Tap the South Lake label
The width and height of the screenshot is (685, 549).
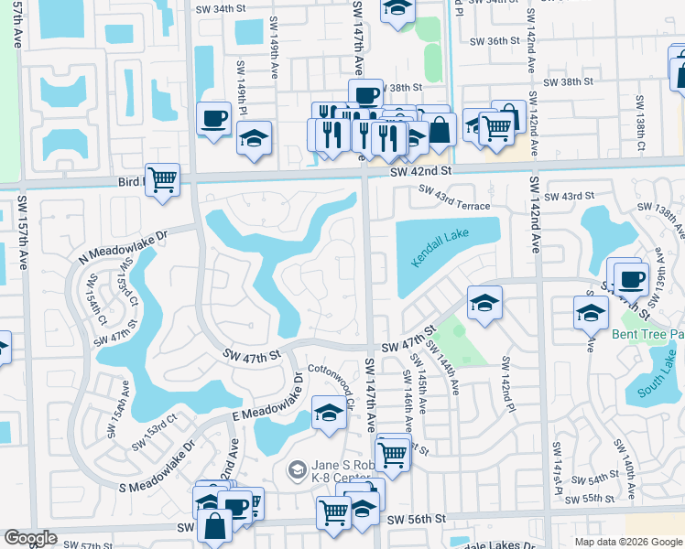(657, 382)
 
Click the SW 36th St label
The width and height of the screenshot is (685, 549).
(494, 41)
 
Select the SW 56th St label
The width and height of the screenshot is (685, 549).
(416, 519)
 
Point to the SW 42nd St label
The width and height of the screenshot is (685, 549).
(420, 170)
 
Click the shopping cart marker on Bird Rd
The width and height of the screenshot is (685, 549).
(162, 178)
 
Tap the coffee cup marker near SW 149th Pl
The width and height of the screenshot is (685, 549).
(214, 118)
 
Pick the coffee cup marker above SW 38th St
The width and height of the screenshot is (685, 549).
(365, 94)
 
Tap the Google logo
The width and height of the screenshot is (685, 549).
(31, 538)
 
